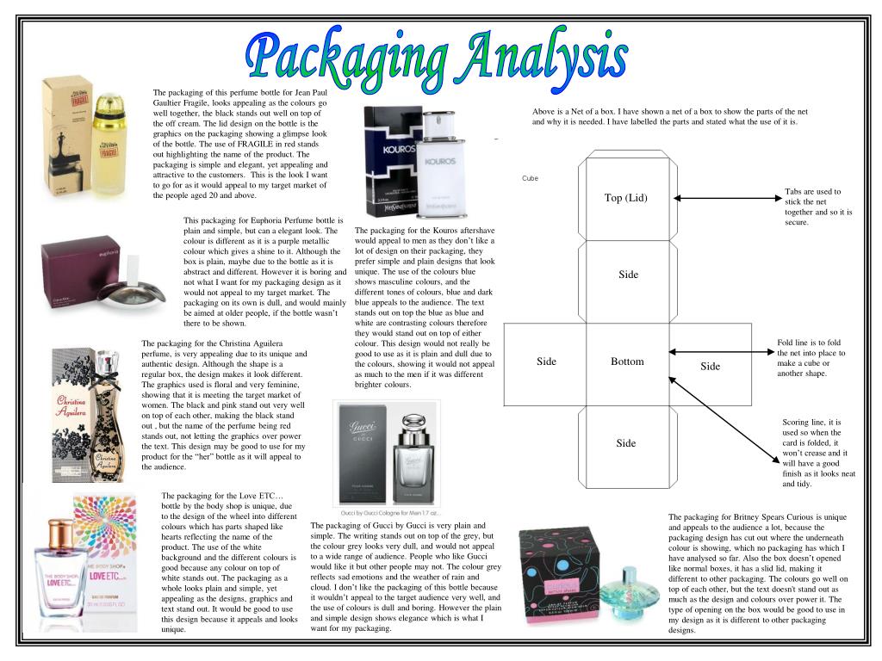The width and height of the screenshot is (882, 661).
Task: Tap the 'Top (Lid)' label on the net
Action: [x=625, y=198]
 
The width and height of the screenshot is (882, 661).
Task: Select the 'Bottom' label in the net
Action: [x=627, y=361]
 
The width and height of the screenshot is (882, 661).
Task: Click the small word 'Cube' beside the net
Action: [x=530, y=179]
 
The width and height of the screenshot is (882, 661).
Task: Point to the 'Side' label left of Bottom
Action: [x=546, y=361]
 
